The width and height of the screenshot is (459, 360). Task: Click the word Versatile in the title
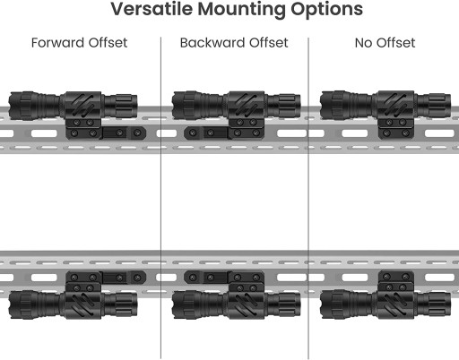click(x=152, y=9)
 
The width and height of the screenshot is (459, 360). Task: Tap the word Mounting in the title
click(x=241, y=10)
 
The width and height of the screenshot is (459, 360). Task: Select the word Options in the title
click(x=326, y=10)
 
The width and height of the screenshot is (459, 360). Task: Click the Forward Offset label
click(x=79, y=43)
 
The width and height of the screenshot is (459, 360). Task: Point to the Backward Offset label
click(x=234, y=43)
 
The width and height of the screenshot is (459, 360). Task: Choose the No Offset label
click(x=385, y=43)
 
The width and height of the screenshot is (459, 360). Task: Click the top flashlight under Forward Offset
click(x=73, y=106)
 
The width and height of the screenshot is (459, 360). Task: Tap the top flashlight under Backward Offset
click(x=236, y=106)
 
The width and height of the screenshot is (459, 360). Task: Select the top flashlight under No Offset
click(x=385, y=106)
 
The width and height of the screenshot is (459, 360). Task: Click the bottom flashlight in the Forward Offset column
click(x=73, y=304)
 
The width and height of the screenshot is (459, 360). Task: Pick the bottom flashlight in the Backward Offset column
click(x=236, y=304)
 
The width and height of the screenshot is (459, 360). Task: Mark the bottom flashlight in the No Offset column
click(x=385, y=304)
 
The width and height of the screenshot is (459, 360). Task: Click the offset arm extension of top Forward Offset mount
click(x=124, y=133)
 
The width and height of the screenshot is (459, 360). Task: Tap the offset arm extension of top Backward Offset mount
click(x=206, y=133)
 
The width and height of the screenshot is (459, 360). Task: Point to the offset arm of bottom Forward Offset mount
click(x=124, y=278)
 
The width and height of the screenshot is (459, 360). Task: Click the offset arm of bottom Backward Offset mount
click(x=206, y=278)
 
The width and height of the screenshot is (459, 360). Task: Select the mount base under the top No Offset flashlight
click(x=396, y=129)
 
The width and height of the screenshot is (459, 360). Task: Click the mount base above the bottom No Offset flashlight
click(x=396, y=280)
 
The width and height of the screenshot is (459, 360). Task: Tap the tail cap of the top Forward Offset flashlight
click(x=121, y=106)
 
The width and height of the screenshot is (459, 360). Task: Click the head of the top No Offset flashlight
click(x=333, y=106)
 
